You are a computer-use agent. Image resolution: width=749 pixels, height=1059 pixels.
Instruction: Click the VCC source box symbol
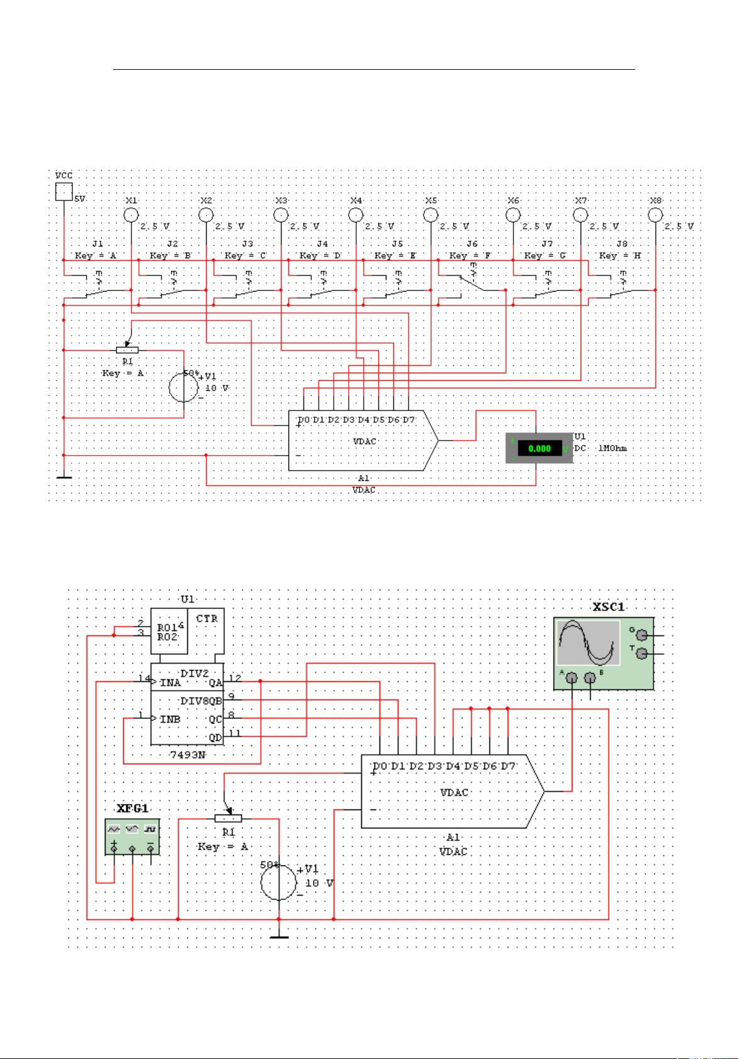tap(64, 192)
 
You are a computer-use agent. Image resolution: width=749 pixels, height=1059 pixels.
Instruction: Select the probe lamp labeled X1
tap(130, 215)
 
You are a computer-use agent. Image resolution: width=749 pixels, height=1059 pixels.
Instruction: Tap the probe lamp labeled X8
tap(655, 215)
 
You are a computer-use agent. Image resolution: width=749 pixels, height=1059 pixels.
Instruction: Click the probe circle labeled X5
tap(430, 215)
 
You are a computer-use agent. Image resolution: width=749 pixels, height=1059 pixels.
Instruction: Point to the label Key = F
tap(470, 256)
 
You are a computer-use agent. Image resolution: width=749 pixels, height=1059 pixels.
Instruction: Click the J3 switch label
tap(247, 243)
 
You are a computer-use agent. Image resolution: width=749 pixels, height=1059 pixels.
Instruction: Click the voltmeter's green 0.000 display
tap(539, 449)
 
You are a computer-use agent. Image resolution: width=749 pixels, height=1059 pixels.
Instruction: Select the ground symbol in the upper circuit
tap(64, 478)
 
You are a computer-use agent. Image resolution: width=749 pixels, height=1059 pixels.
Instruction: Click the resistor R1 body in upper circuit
tap(128, 350)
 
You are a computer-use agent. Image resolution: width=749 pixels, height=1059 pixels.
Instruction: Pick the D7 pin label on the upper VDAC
tap(408, 420)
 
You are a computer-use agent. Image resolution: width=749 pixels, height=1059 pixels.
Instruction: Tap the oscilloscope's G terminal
tap(642, 635)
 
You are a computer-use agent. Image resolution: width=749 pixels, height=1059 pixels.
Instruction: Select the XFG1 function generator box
tap(132, 836)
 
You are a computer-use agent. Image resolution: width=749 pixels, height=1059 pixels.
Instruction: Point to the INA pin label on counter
tap(170, 683)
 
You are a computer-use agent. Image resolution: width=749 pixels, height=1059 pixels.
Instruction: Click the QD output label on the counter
tap(216, 738)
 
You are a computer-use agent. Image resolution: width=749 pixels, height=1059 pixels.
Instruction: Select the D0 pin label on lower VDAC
tap(380, 767)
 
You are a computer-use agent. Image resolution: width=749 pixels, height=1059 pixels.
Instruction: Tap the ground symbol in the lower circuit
tap(279, 938)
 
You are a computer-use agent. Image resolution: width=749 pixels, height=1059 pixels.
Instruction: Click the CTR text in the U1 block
tap(207, 618)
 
